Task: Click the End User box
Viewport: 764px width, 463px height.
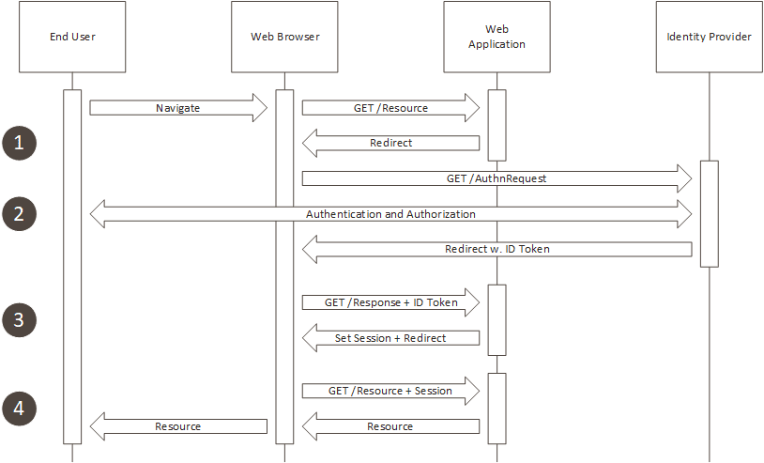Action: (x=72, y=38)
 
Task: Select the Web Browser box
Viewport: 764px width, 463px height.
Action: (x=284, y=38)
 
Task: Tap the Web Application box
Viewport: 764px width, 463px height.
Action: (x=497, y=38)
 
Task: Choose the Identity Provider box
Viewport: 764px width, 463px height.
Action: (x=710, y=38)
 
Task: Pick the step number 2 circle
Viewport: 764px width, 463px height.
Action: (x=19, y=213)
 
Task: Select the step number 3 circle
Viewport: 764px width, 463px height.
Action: (x=19, y=320)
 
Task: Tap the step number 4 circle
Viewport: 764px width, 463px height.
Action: (x=19, y=409)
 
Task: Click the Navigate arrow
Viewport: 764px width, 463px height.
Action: (x=178, y=108)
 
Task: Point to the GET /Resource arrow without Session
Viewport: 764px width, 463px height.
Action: (x=390, y=108)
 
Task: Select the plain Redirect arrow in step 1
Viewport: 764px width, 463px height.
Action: (x=390, y=144)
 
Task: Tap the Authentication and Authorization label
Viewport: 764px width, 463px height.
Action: (x=390, y=214)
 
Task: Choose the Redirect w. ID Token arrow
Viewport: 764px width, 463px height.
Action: (x=497, y=250)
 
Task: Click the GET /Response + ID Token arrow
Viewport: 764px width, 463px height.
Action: (x=390, y=302)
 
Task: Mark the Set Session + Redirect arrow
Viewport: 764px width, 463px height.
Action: (x=390, y=338)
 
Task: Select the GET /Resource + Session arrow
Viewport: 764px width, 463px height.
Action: (x=390, y=391)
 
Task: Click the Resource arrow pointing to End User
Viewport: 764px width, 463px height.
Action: (x=178, y=426)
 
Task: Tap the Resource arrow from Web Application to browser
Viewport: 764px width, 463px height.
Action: (x=390, y=426)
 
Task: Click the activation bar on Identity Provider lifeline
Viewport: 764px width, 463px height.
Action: (x=710, y=214)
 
